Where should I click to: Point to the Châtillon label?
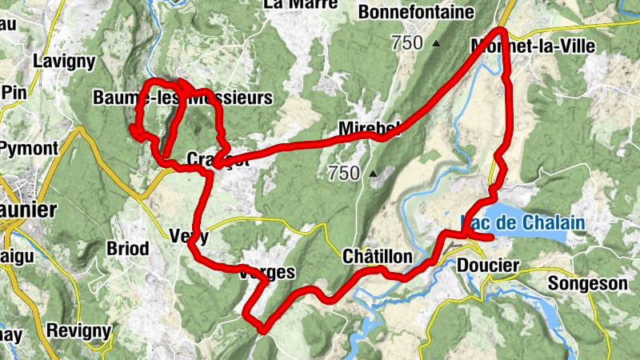(x=377, y=257)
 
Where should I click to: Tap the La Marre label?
(x=294, y=4)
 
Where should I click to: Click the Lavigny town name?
(x=65, y=61)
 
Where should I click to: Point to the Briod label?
(x=127, y=249)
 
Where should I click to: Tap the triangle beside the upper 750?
(x=436, y=43)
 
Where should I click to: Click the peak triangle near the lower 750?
(x=372, y=173)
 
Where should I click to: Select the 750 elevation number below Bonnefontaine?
(x=408, y=43)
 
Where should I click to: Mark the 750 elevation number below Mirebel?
(x=344, y=173)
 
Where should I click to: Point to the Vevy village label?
(x=190, y=236)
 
